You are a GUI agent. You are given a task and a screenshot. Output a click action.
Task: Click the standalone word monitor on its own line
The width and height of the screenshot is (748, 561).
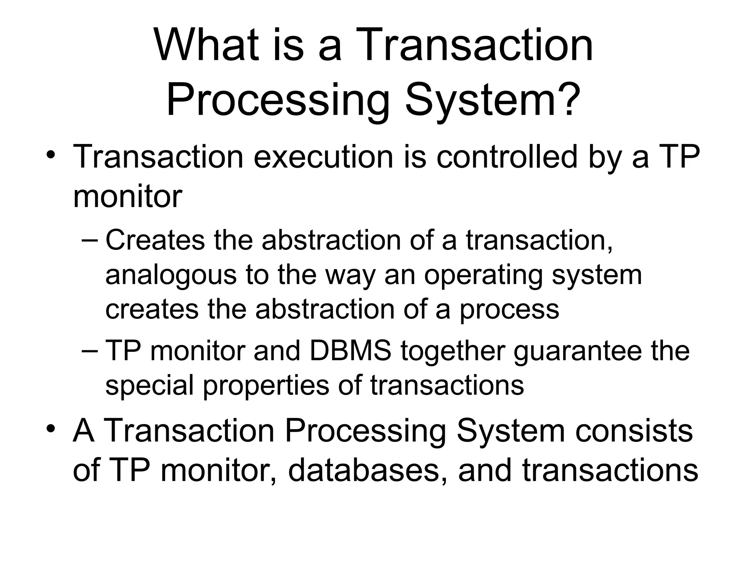pyautogui.click(x=127, y=196)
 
